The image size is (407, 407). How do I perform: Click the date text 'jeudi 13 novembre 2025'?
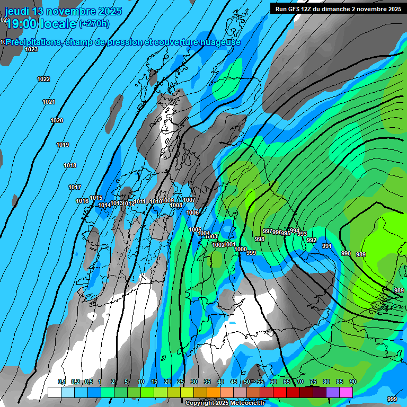[63, 11]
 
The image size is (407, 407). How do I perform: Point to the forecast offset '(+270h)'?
[94, 23]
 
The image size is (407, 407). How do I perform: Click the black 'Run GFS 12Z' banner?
[338, 8]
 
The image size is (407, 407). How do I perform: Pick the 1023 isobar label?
[31, 49]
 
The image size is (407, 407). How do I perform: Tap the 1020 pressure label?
[57, 121]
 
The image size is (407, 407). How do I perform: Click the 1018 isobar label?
[70, 166]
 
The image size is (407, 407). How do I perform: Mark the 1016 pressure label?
[82, 201]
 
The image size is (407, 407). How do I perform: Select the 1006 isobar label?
[192, 213]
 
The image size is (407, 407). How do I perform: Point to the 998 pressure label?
[260, 240]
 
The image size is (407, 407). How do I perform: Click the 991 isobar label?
[326, 246]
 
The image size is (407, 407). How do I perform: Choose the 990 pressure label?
[346, 254]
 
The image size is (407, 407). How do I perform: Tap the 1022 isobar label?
[43, 79]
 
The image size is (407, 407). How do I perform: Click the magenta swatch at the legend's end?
[346, 392]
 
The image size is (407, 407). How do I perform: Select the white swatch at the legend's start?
[55, 392]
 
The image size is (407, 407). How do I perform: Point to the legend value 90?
[352, 382]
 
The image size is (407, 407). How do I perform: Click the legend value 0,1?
[61, 382]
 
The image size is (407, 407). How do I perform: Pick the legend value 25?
[181, 382]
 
